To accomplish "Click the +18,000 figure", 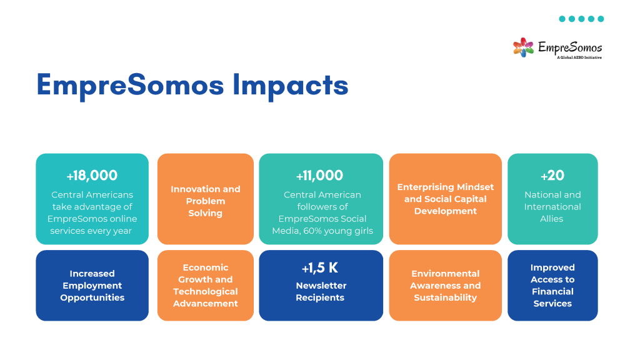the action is pos(92,176).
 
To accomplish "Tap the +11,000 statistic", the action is pos(319,176).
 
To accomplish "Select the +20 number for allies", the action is pos(552,176).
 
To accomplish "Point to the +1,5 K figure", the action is pos(319,267).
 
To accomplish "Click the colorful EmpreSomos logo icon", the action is pos(523,47).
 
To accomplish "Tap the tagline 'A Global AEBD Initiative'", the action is pos(579,57).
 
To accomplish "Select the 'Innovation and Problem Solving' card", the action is pos(205,199).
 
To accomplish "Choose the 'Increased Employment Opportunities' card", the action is pos(92,285).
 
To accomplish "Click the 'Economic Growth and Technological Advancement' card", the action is pos(205,285).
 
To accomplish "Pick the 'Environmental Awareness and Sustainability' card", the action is pos(445,285).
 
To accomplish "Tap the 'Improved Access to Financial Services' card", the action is pos(552,285).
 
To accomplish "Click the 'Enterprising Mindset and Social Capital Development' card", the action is pos(445,199).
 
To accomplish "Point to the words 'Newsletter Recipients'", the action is pos(321,291).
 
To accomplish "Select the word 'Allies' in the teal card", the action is pos(551,219).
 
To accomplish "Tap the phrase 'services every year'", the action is pos(91,231).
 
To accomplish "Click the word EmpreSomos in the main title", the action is pos(131,85).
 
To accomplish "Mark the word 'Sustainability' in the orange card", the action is pos(445,297).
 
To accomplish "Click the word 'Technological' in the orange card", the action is pos(205,291).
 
